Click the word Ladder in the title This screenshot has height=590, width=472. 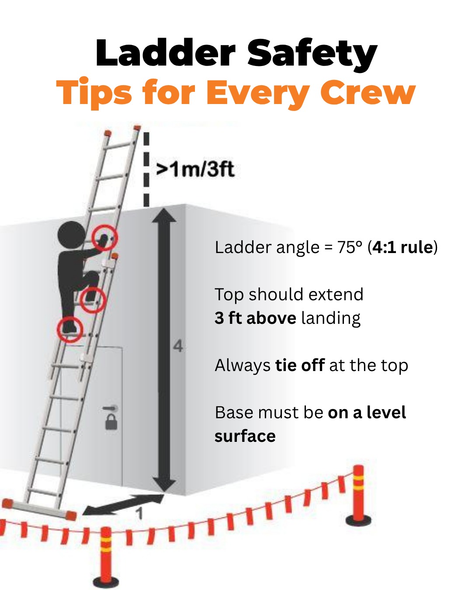click(x=165, y=53)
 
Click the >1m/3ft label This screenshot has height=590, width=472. click(x=195, y=169)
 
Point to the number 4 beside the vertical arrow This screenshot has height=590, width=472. click(x=178, y=346)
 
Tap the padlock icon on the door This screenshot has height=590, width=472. click(x=111, y=422)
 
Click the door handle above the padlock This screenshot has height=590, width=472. click(x=111, y=408)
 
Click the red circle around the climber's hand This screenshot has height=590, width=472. click(x=105, y=238)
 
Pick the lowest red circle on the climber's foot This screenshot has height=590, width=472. click(x=70, y=329)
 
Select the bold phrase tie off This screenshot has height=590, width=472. click(x=300, y=365)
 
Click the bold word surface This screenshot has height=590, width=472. click(x=245, y=436)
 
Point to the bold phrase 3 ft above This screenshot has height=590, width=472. click(x=255, y=318)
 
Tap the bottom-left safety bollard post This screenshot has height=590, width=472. click(x=105, y=557)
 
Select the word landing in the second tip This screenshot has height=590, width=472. click(x=331, y=318)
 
